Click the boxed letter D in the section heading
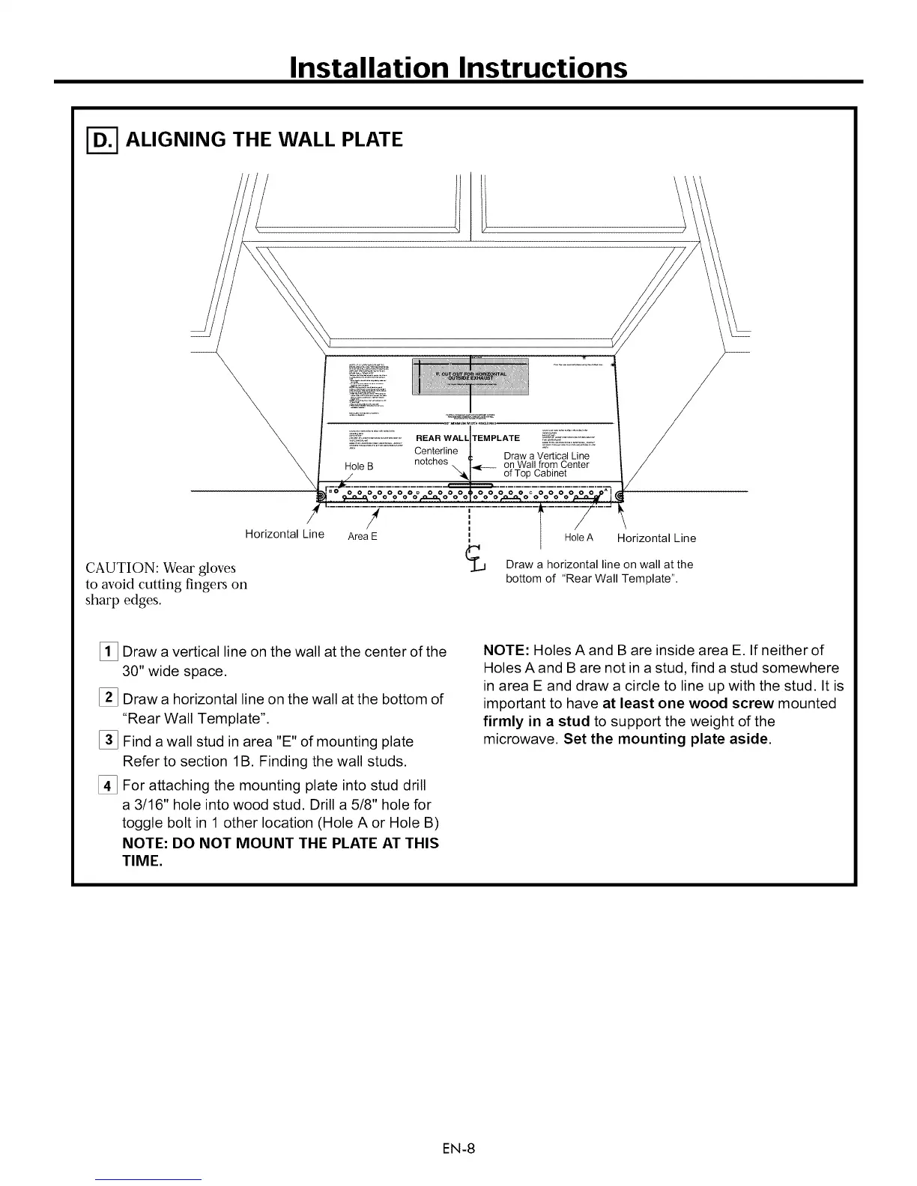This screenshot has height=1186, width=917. pyautogui.click(x=97, y=140)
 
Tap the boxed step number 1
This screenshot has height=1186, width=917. pyautogui.click(x=109, y=651)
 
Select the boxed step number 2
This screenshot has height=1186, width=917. pyautogui.click(x=109, y=699)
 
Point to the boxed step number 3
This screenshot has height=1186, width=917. pyautogui.click(x=109, y=741)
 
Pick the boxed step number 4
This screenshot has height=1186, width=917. pyautogui.click(x=109, y=785)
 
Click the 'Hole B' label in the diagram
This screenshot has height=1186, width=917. pyautogui.click(x=359, y=466)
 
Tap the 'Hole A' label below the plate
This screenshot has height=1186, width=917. pyautogui.click(x=578, y=538)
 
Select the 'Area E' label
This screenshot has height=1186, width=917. pyautogui.click(x=363, y=537)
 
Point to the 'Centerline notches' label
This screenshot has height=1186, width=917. pyautogui.click(x=435, y=456)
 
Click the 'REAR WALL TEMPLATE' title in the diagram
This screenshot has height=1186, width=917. pyautogui.click(x=467, y=438)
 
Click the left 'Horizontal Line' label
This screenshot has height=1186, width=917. pyautogui.click(x=284, y=534)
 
